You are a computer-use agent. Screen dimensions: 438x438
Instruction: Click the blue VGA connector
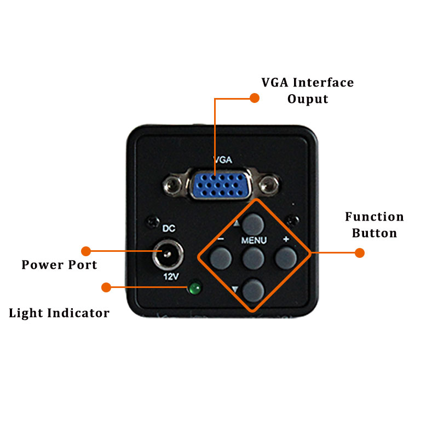click(x=221, y=185)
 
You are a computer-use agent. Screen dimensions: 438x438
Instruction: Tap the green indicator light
click(x=195, y=289)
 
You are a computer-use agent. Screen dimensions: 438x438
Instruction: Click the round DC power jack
click(x=168, y=255)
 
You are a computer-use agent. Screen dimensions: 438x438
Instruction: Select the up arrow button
click(x=253, y=224)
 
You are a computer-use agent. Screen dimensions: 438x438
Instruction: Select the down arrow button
click(x=253, y=291)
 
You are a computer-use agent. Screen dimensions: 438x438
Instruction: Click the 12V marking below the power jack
click(x=171, y=276)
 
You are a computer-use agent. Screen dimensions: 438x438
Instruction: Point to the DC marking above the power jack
click(x=169, y=228)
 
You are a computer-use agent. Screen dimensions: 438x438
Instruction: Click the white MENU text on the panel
click(x=254, y=240)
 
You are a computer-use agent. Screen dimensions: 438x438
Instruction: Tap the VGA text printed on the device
click(x=223, y=160)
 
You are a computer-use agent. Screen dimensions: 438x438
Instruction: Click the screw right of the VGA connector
click(x=268, y=185)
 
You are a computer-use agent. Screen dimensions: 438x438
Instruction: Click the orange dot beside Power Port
click(x=86, y=251)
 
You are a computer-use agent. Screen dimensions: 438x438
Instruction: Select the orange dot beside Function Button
click(x=360, y=253)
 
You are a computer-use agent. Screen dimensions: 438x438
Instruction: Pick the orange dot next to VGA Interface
click(x=255, y=98)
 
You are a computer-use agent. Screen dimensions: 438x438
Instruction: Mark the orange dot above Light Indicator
click(x=106, y=287)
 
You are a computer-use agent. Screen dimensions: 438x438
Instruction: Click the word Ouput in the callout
click(x=308, y=99)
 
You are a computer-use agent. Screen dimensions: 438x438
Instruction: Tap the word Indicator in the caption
click(x=78, y=313)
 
